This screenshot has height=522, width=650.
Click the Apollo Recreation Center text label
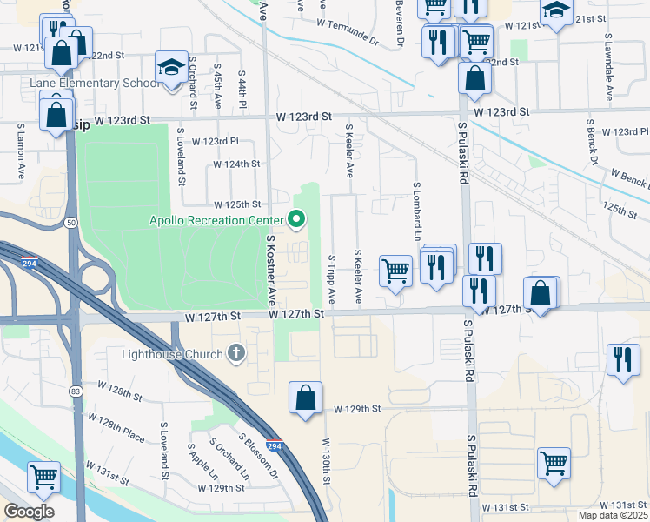pos(217,219)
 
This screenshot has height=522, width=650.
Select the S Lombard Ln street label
pos(417,211)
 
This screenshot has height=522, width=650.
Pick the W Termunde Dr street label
pos(348,31)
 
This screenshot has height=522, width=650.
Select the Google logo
pos(29,512)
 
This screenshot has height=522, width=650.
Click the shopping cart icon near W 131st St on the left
pos(43,477)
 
